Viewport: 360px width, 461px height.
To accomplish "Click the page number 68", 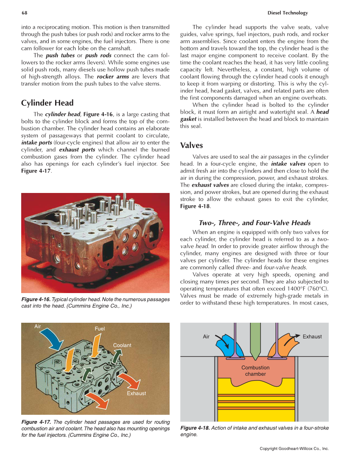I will coord(25,13).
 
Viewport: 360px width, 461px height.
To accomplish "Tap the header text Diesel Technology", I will coord(288,13).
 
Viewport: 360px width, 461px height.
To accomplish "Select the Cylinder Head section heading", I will coord(47,103).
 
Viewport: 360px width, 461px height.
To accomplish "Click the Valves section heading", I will coord(192,145).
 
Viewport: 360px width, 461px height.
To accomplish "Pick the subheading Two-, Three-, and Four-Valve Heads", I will coord(254,223).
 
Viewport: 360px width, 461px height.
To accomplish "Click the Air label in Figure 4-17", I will coord(38,327).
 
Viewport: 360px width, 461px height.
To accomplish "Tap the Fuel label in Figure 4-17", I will coord(100,329).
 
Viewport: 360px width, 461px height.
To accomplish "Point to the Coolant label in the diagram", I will coord(122,345).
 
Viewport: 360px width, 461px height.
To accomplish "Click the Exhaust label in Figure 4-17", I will coord(136,393).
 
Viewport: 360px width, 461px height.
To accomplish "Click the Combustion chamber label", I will coord(255,371).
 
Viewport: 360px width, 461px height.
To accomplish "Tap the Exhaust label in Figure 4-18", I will coord(312,337).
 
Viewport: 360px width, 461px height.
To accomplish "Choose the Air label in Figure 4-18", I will coord(206,337).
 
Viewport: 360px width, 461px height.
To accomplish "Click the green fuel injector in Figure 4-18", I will coord(255,339).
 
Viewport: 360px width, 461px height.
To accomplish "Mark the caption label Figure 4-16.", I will coord(36,299).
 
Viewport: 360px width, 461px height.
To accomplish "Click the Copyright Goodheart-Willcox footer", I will coord(294,449).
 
